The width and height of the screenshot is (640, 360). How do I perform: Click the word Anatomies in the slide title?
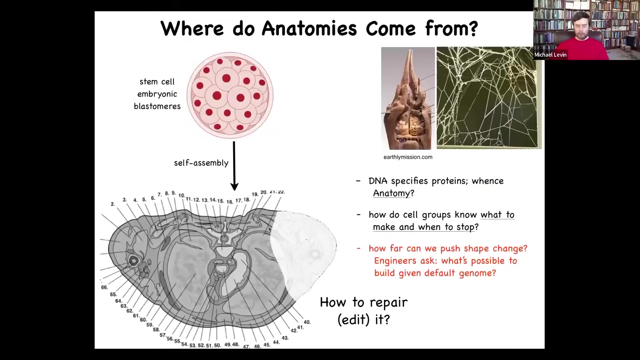coord(309,28)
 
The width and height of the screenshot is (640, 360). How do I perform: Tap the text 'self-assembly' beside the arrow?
coord(201,163)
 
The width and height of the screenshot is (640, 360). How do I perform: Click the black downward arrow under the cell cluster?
coord(234,166)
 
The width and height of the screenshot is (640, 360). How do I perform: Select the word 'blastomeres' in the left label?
coord(157,106)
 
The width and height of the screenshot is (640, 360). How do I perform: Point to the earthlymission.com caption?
coord(408,157)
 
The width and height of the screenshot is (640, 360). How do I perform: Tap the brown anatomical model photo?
coord(408,98)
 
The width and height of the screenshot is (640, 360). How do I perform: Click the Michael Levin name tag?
coord(550,55)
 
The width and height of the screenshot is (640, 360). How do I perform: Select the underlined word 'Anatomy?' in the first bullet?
coord(394,193)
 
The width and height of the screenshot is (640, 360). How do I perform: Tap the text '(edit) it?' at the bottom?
coord(364,320)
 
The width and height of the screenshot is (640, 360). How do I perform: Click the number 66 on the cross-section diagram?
coord(104,287)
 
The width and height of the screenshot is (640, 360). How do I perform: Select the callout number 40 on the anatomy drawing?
coord(307,322)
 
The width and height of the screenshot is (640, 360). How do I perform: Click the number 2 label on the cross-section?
coord(113,204)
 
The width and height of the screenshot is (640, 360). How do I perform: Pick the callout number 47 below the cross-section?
coord(246,347)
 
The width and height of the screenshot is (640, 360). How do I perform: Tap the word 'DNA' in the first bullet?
coord(378,181)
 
